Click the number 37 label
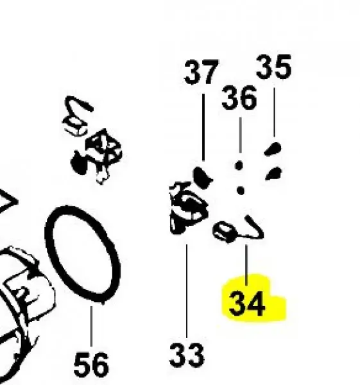(201, 72)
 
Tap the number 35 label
(273, 67)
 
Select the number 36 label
(239, 98)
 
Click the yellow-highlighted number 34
(247, 304)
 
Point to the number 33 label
(187, 355)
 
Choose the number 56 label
(91, 364)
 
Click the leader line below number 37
(203, 127)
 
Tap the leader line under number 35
(274, 112)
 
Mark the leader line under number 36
(240, 135)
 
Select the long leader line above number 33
(187, 291)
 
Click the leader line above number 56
(91, 327)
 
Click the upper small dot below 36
(239, 166)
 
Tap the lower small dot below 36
(241, 191)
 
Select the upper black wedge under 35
(273, 149)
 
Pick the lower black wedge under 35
(274, 173)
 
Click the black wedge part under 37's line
(202, 177)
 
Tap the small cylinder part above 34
(225, 232)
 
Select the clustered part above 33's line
(188, 207)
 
